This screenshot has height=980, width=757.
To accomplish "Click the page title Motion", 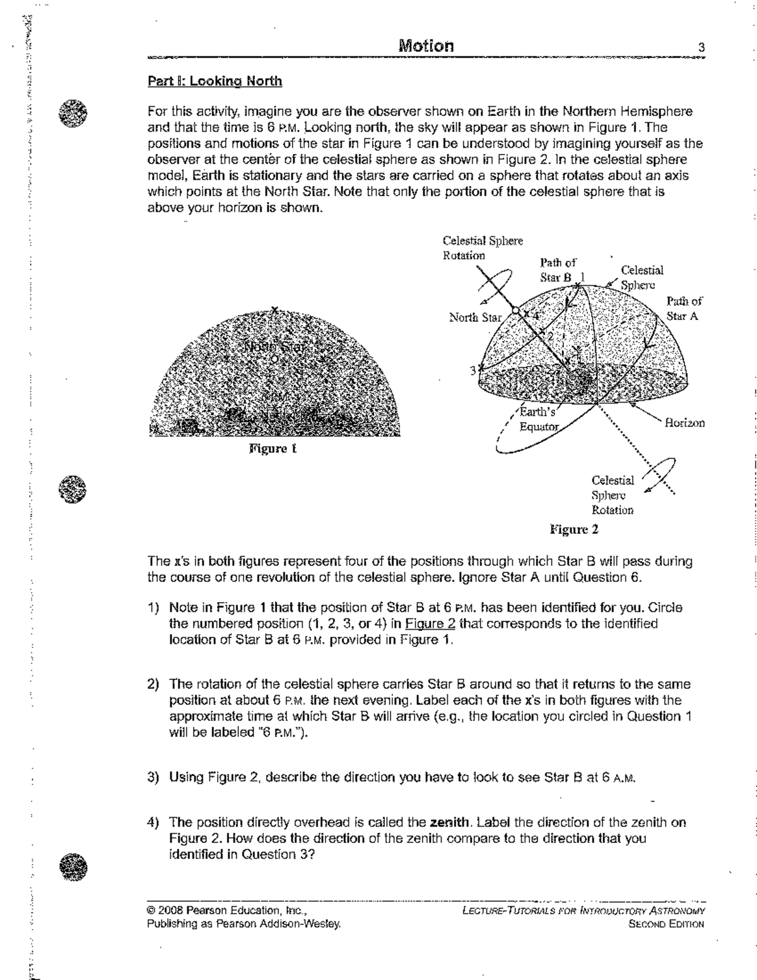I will point(426,46).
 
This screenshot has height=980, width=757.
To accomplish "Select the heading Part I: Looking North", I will point(214,81).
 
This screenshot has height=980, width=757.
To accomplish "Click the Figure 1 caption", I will point(273,449).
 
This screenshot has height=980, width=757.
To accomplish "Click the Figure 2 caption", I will point(573,529).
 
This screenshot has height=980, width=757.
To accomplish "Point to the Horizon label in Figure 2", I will point(684,423).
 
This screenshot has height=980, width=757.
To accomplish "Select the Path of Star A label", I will point(684,309).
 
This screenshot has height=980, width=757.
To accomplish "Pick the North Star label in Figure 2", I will point(475,317).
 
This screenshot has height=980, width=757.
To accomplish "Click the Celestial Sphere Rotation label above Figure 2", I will point(483,248).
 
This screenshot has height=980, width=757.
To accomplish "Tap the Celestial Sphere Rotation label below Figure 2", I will point(613,495).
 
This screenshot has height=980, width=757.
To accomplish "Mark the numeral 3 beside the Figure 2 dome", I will point(472,370).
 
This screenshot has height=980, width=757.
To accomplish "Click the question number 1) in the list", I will point(153,608).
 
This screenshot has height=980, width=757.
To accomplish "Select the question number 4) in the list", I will point(153,823).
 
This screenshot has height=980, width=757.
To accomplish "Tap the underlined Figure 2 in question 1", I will point(430,624).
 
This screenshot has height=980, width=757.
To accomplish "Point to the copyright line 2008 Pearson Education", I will point(226,911).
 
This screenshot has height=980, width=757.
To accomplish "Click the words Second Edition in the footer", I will point(666,924).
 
